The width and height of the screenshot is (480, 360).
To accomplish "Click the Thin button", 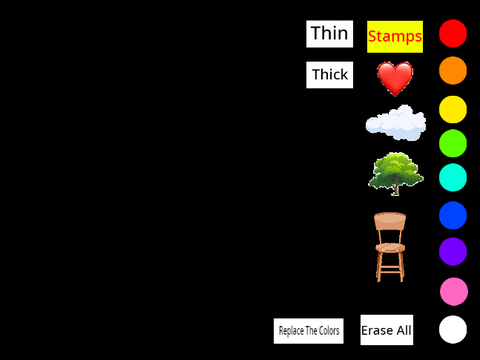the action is click(x=329, y=34).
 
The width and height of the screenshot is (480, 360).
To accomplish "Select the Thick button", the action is click(x=329, y=75).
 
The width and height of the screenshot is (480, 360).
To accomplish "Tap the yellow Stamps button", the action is click(x=395, y=37).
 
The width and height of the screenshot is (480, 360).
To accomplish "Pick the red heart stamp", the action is click(x=395, y=79).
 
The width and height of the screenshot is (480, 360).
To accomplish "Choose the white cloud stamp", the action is click(x=396, y=123).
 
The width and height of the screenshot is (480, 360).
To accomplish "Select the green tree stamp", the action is click(x=396, y=174).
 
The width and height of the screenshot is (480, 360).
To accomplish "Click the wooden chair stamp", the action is click(x=390, y=247).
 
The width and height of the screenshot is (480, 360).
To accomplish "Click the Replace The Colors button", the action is click(x=309, y=331).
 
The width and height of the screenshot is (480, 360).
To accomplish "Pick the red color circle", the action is click(x=453, y=33).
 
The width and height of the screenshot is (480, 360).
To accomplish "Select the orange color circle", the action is click(x=453, y=70).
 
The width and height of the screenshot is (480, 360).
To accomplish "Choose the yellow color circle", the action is click(x=453, y=109).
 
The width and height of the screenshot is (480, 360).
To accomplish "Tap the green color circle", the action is click(x=453, y=143).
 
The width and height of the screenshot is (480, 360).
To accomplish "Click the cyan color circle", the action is click(x=453, y=177).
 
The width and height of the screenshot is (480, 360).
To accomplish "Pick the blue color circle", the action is click(x=453, y=215).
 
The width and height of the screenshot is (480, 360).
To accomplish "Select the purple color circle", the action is click(x=453, y=251).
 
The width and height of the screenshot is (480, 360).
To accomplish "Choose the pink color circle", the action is click(x=454, y=291).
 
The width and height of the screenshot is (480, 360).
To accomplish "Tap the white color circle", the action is click(x=453, y=329).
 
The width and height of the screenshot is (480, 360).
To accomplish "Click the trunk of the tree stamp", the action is click(x=395, y=189).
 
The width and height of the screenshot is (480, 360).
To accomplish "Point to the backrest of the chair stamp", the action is click(x=390, y=221).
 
